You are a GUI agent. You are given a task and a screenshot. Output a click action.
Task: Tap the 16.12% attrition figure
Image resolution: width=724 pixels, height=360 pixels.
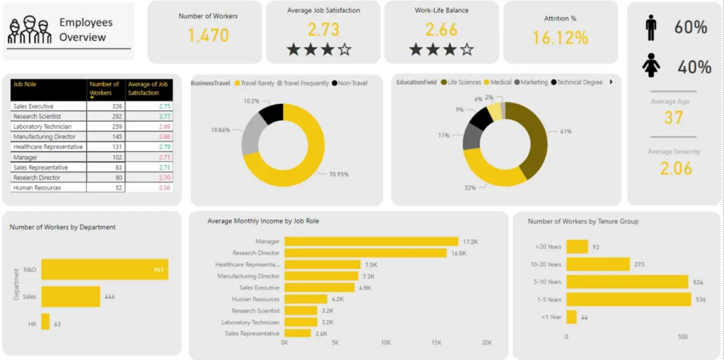coord(560,38)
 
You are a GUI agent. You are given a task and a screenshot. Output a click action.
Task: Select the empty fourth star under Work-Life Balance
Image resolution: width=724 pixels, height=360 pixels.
coord(467,50)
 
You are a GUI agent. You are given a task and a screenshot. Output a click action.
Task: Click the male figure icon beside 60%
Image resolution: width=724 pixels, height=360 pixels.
coord(650,28)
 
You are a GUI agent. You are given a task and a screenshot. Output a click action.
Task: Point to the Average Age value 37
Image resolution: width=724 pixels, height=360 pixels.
coord(673,118)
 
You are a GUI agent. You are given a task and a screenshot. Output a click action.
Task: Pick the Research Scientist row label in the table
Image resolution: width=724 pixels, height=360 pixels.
coord(37,116)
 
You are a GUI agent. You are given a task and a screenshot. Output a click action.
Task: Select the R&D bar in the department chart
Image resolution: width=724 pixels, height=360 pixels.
coord(105,269)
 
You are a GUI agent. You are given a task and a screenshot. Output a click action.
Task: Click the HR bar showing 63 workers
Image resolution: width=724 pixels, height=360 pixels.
coord(45,322)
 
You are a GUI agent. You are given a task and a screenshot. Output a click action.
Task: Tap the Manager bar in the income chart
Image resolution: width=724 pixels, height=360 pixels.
coord(371,242)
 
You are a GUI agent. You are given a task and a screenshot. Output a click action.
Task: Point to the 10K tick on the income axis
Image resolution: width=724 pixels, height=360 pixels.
coord(386,343)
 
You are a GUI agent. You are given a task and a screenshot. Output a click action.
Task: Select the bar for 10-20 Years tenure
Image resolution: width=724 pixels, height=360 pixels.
coord(597,265)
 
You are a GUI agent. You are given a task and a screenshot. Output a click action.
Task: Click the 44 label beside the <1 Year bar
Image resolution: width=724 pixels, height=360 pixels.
coord(585,318)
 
